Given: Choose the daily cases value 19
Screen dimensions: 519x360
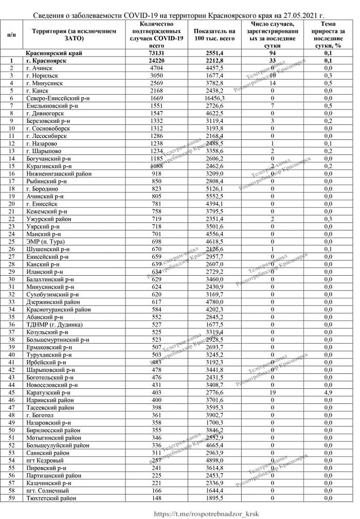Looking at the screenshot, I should tap(273, 392).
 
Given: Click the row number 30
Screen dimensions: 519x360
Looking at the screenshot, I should tap(11, 279).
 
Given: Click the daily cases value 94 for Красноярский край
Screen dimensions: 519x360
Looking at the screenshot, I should tap(273, 53).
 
